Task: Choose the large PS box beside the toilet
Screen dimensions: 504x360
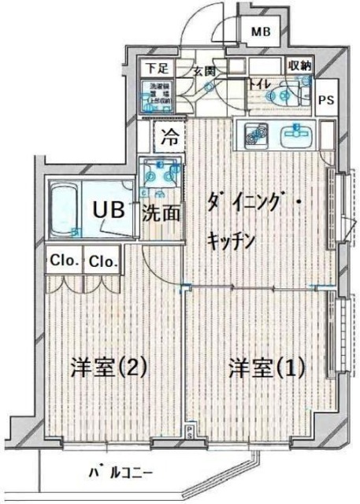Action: (325, 99)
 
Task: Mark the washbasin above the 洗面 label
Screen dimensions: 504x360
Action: (160, 178)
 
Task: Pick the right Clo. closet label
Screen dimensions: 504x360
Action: (103, 261)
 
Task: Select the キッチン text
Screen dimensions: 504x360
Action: (230, 240)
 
